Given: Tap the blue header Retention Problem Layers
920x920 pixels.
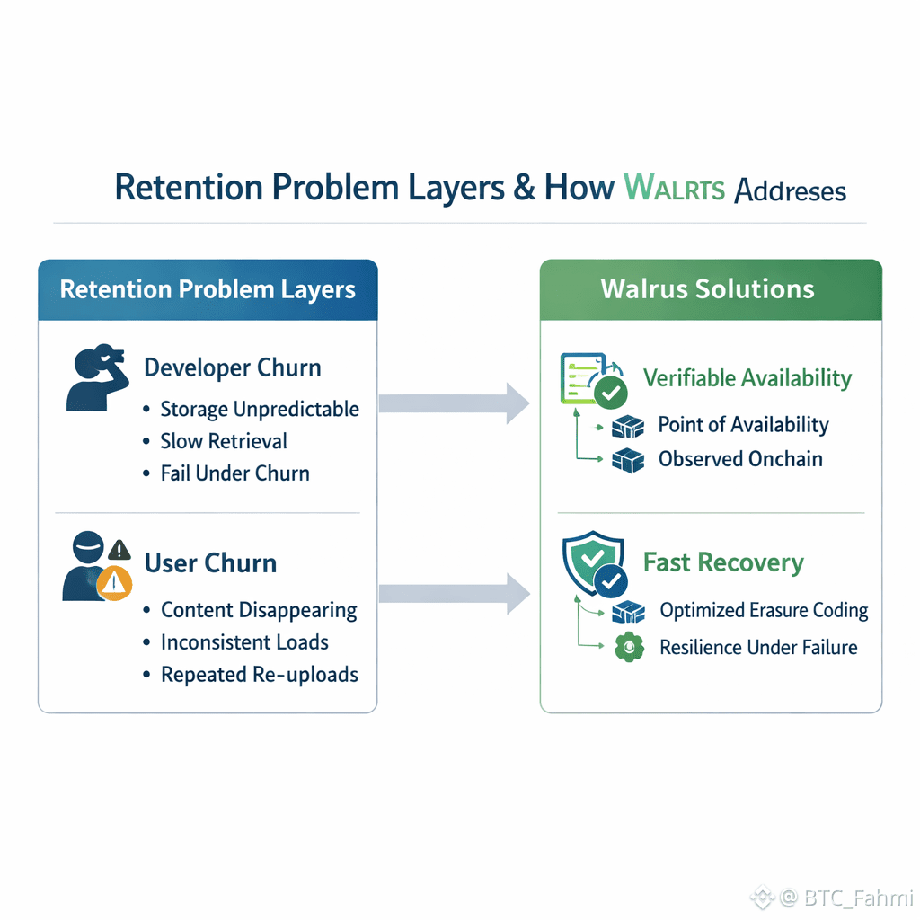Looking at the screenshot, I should (x=208, y=290).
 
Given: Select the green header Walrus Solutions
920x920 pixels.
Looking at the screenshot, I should (x=708, y=289).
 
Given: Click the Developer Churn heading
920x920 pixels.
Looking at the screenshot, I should (x=232, y=368).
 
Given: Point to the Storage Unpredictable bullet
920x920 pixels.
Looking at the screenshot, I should (x=260, y=410).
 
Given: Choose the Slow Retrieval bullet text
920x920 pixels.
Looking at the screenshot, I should (x=224, y=441).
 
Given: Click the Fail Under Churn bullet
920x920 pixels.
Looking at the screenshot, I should (x=234, y=473).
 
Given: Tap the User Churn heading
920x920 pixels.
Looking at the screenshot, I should (x=210, y=563).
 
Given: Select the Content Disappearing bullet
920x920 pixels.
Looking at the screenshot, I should (x=259, y=611).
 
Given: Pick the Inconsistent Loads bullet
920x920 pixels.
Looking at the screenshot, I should (x=244, y=642).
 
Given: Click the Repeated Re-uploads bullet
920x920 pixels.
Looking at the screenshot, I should (x=260, y=675).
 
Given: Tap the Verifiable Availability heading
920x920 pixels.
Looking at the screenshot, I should (x=747, y=378).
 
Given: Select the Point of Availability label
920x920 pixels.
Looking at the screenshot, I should (x=743, y=425).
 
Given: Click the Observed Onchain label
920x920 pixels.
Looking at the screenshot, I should (x=740, y=459).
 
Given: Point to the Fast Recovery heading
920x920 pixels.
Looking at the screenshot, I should (x=723, y=563).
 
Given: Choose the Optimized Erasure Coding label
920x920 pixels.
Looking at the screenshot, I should (x=764, y=611).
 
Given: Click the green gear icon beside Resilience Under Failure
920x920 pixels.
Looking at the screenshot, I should (x=628, y=648).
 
